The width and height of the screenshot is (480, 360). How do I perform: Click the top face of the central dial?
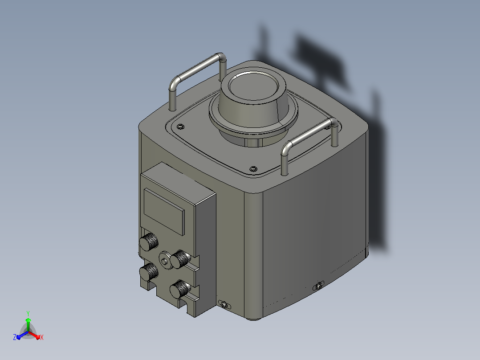[253, 86]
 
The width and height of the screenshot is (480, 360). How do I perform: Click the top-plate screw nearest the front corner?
[253, 169]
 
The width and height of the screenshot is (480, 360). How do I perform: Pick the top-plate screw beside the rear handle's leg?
[181, 126]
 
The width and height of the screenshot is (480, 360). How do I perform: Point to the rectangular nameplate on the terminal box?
[164, 211]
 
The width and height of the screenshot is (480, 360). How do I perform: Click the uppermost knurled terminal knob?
[149, 242]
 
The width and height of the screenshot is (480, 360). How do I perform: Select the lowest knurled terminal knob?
[180, 289]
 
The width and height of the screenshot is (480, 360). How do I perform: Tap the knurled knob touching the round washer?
[180, 259]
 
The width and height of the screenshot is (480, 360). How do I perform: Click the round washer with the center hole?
[165, 261]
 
